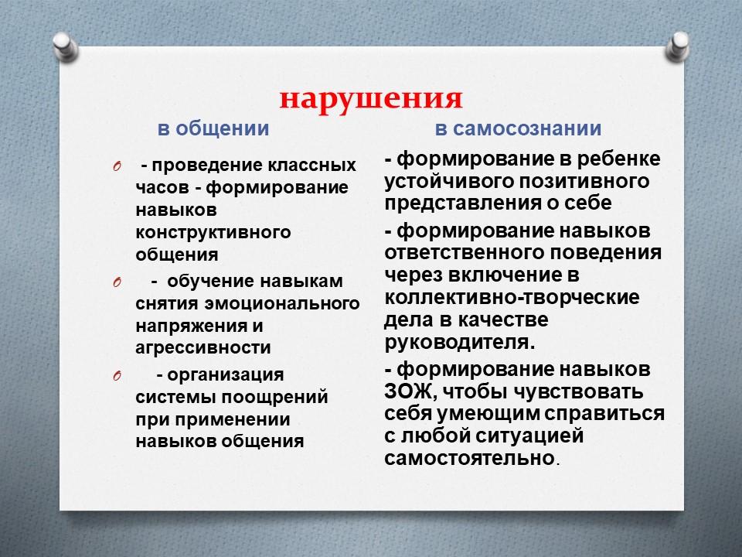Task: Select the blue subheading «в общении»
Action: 213,128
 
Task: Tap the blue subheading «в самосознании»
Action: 518,128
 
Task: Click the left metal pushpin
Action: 65,47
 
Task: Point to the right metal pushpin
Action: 677,46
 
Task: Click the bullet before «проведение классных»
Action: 117,167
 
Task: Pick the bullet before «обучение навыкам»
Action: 117,283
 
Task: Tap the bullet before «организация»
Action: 117,377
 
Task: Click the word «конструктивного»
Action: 213,233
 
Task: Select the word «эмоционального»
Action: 282,303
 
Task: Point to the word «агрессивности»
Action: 203,348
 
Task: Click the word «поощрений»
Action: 275,397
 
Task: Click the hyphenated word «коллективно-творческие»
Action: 512,297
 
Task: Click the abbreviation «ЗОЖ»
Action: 408,392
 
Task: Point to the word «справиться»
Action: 604,413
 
